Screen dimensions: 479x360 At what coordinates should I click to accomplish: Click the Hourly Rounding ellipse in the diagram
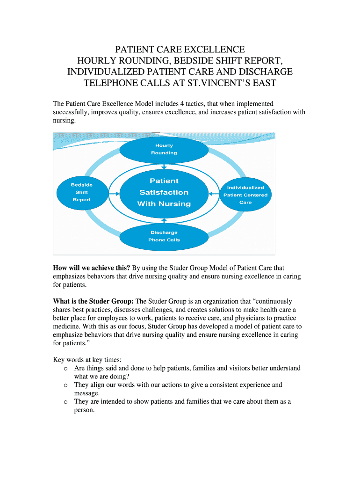tap(164, 149)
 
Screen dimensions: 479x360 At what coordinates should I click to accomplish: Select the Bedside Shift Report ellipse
tap(81, 192)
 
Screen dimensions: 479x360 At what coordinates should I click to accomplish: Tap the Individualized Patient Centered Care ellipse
tap(245, 195)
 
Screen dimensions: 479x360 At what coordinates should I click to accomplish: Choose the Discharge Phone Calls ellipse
tap(164, 236)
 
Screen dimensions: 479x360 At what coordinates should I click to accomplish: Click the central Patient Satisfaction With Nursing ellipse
tap(164, 192)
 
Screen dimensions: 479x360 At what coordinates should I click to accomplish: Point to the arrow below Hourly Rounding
tap(164, 167)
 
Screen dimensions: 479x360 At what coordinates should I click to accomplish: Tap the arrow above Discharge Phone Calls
tap(164, 219)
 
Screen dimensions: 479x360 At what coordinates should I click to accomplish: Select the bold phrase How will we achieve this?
tap(92, 268)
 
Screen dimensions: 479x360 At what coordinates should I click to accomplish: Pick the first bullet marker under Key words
tap(65, 369)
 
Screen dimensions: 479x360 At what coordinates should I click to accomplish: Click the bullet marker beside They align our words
tap(65, 385)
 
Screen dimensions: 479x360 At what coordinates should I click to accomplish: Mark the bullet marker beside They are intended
tap(65, 402)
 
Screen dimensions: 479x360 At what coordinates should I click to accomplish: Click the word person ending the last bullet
tap(84, 410)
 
